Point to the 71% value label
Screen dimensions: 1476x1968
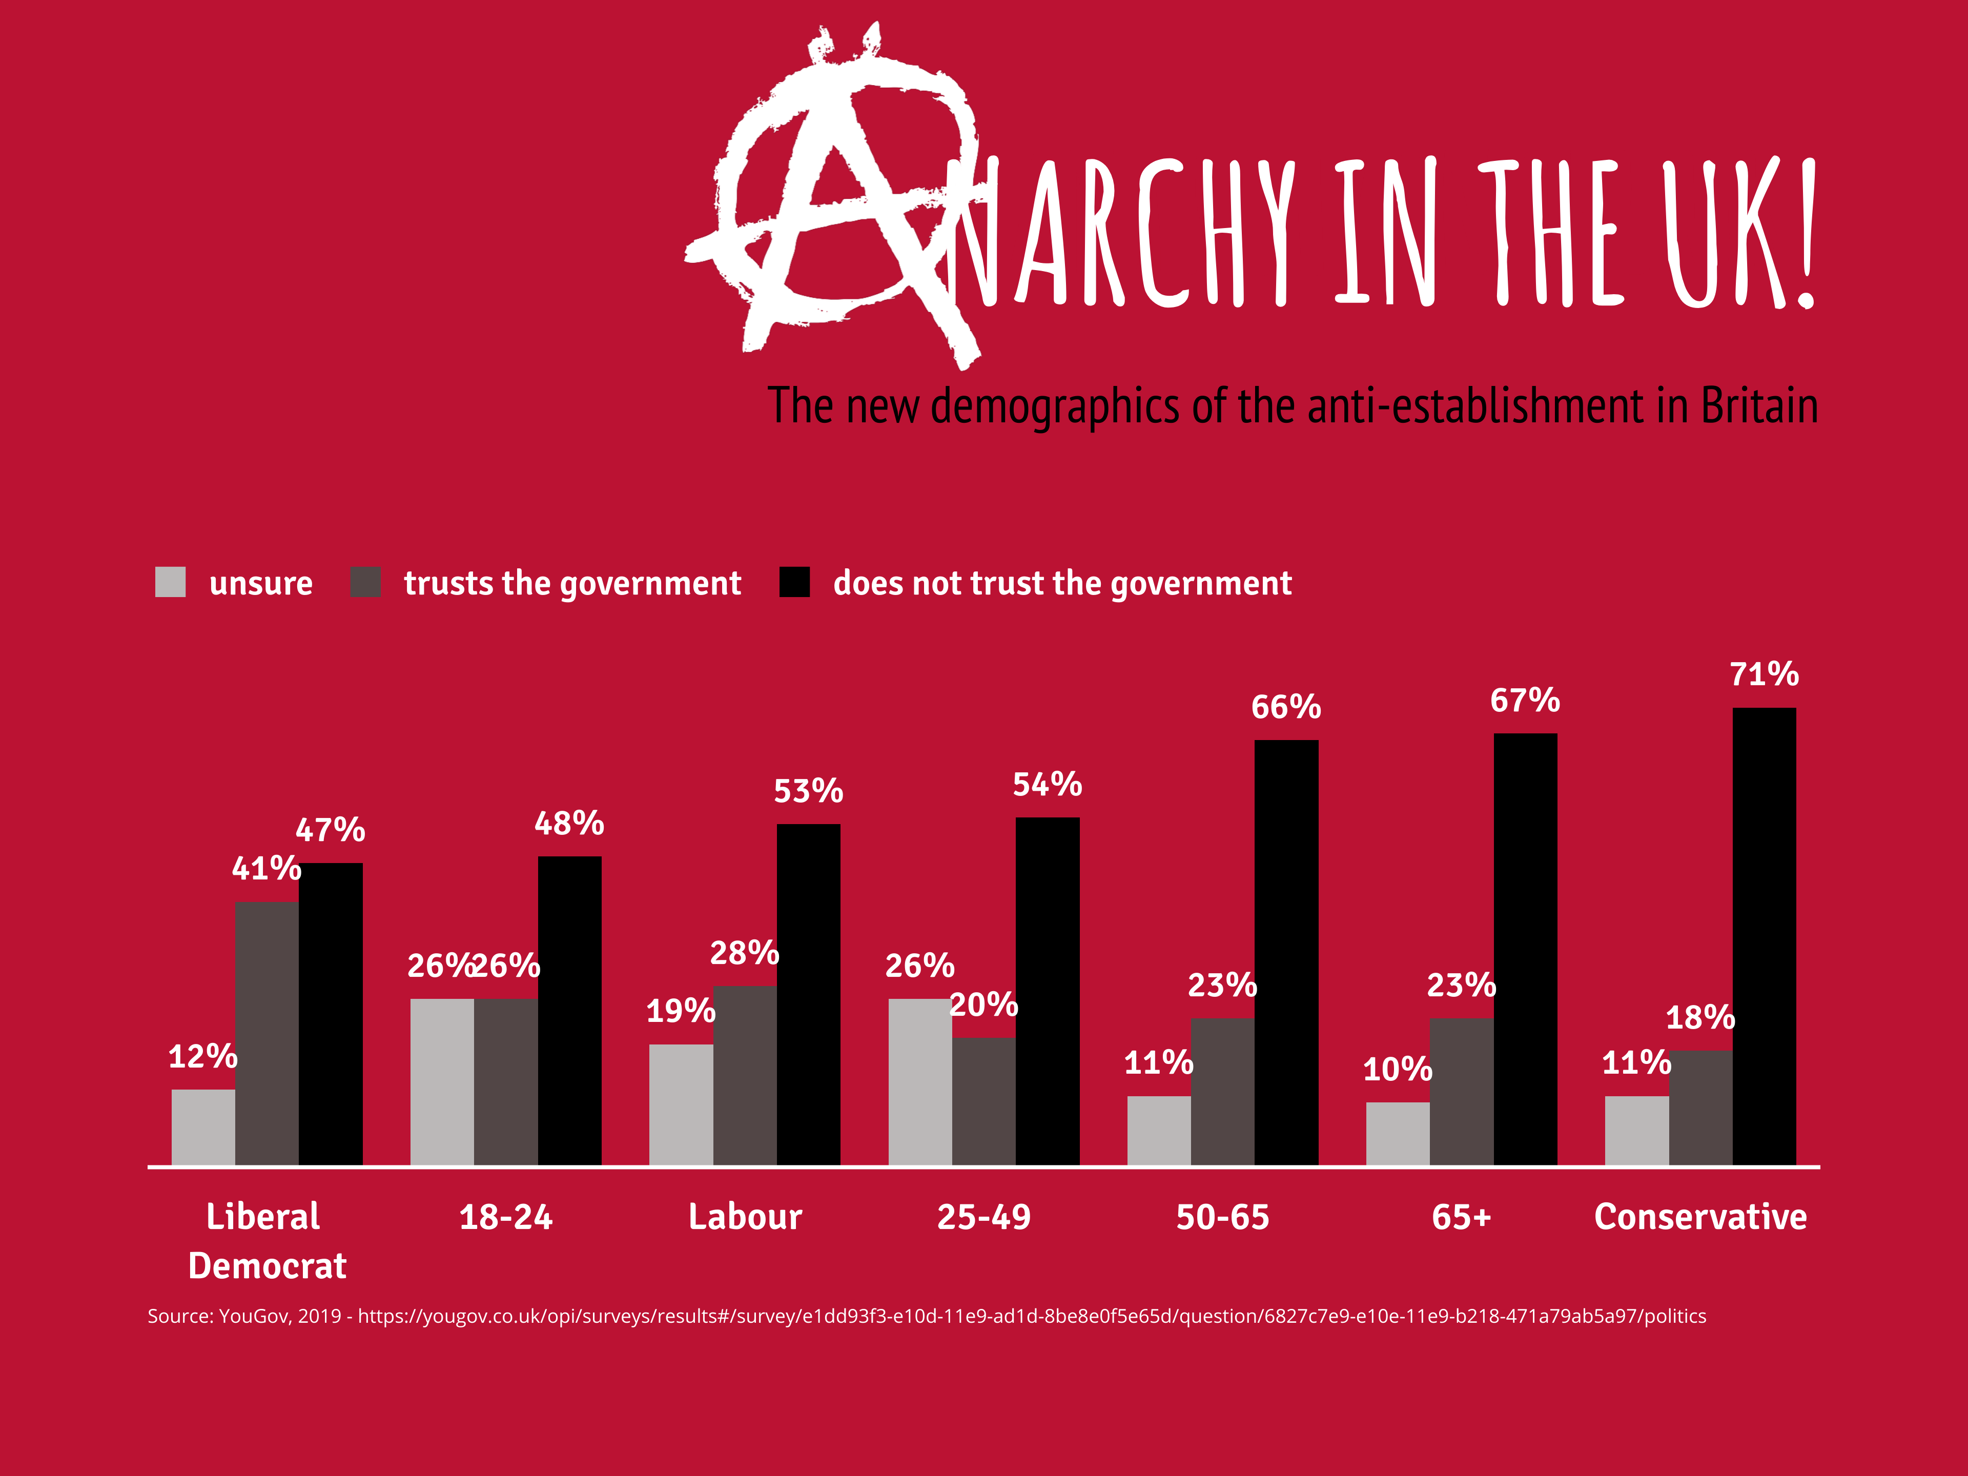1764,674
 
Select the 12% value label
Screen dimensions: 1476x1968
203,1057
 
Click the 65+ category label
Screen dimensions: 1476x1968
1461,1217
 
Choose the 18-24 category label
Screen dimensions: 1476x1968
505,1217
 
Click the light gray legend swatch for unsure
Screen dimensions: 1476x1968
170,582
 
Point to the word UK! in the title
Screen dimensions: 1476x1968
1739,233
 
